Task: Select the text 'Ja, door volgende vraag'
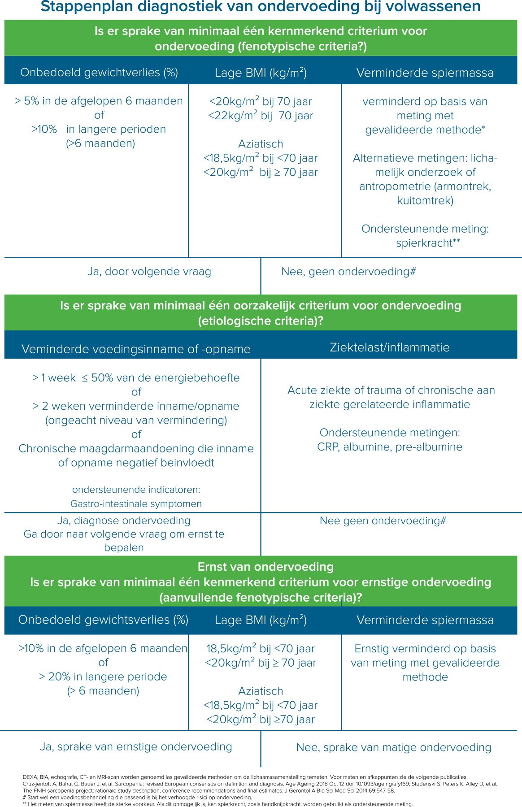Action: (x=149, y=271)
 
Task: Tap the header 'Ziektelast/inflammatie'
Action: (x=390, y=347)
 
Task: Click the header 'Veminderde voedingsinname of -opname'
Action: (x=136, y=349)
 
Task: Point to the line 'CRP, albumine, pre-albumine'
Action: (x=390, y=447)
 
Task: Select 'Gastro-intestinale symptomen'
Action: (x=136, y=503)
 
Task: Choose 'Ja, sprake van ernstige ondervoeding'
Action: (x=136, y=746)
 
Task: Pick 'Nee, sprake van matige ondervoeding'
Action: (x=394, y=747)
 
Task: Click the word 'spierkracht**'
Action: (x=428, y=243)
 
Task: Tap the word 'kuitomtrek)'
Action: (x=425, y=200)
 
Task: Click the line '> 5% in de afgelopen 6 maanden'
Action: (x=99, y=101)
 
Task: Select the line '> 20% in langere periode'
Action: (x=103, y=677)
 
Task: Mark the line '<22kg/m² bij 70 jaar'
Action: (x=261, y=115)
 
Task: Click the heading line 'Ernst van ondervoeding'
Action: (x=265, y=567)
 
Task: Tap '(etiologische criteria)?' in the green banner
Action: (x=261, y=321)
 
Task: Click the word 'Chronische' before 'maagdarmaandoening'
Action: (x=47, y=449)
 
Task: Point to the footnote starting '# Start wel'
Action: (x=137, y=798)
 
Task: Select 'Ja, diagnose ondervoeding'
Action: (x=124, y=521)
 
